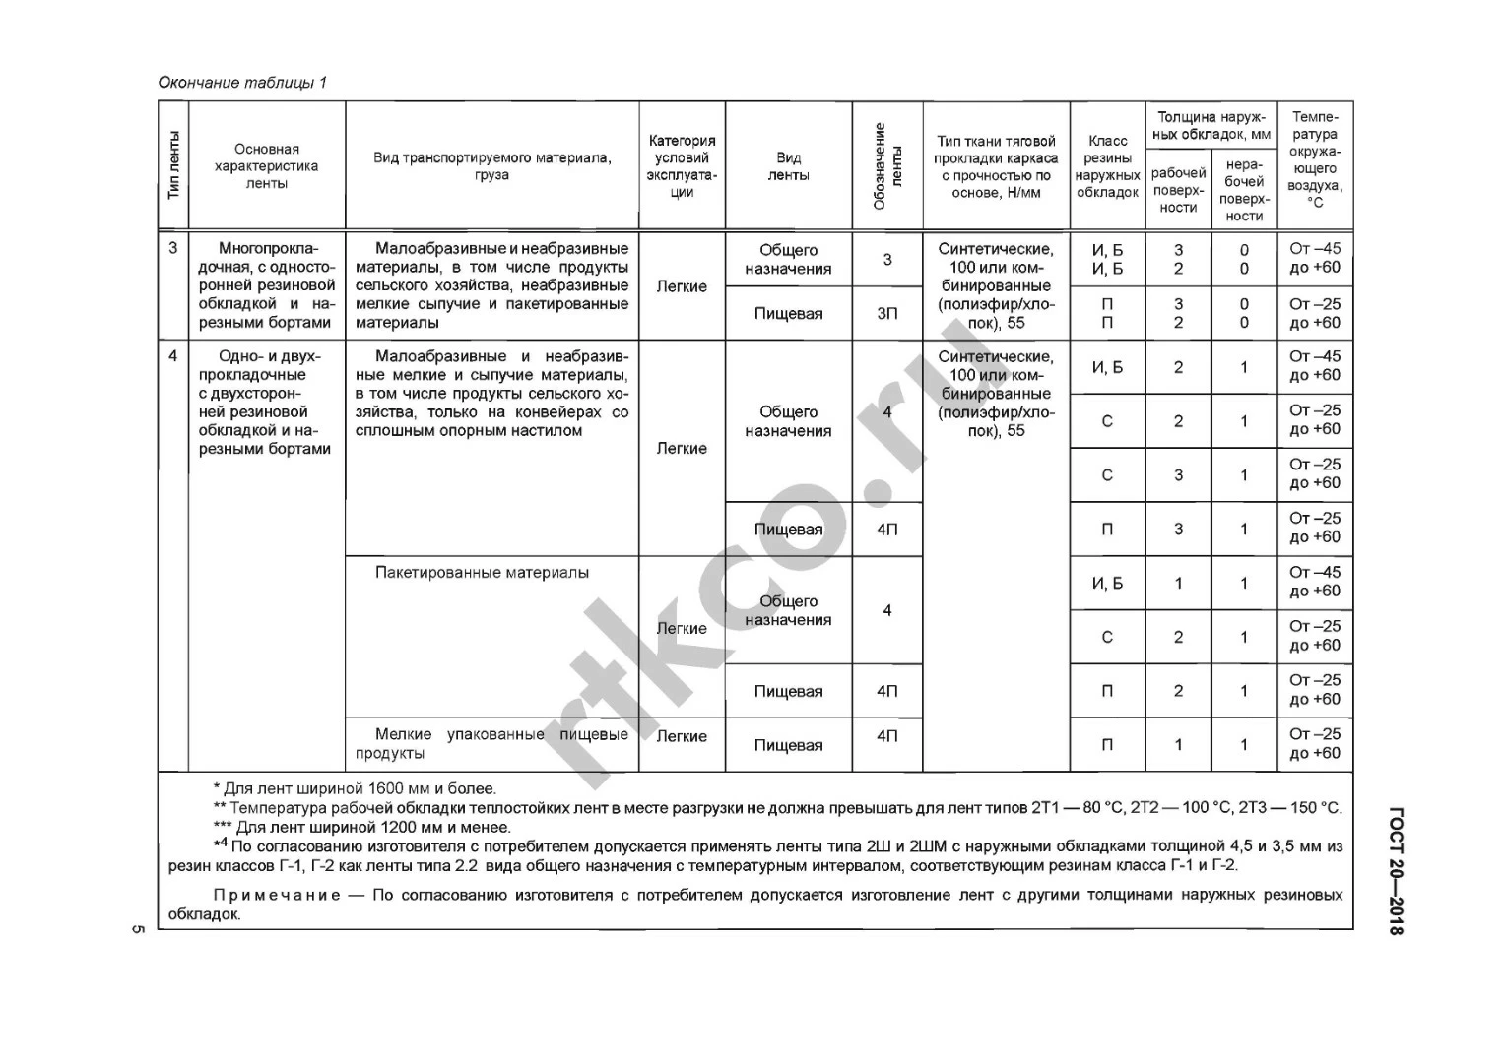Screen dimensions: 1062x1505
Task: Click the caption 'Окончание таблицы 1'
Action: [242, 83]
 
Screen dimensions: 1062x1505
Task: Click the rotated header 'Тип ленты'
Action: [173, 165]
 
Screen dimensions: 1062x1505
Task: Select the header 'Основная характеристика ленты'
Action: [266, 166]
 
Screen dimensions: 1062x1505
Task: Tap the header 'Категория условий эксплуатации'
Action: [682, 166]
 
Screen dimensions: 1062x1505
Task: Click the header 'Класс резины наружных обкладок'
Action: [1107, 166]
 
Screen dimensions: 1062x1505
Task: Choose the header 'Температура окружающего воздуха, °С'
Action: [1315, 159]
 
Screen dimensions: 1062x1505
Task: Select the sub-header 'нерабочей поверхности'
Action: [1244, 190]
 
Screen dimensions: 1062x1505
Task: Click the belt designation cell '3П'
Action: [887, 314]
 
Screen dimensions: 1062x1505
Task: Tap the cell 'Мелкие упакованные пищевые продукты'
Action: [491, 744]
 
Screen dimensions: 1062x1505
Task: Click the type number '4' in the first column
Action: [173, 356]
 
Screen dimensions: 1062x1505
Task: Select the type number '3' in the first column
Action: [173, 248]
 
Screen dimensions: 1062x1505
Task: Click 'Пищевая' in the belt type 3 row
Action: [788, 314]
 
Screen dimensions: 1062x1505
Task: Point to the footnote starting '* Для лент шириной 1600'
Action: [355, 788]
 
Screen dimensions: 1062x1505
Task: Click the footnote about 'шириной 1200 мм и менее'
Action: [362, 827]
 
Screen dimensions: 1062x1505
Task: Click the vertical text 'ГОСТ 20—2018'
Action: [1395, 871]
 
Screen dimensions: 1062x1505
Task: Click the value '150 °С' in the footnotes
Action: [1316, 808]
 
